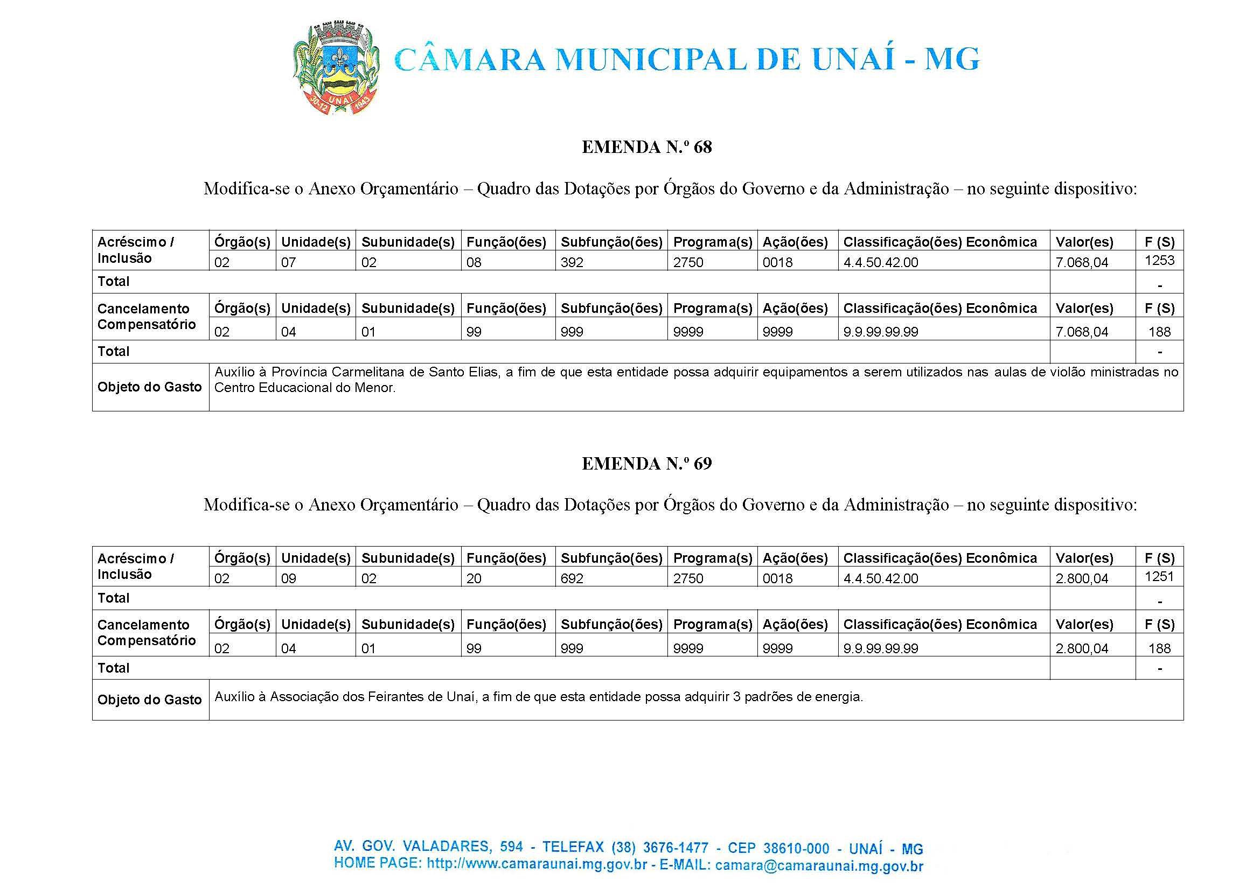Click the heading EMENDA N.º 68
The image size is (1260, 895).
tap(646, 147)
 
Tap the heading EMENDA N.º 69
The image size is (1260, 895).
tap(646, 464)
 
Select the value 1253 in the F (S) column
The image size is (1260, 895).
tap(1159, 260)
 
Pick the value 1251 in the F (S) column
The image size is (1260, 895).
tap(1159, 576)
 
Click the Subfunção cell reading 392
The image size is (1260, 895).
tap(572, 262)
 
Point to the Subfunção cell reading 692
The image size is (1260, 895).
tap(572, 579)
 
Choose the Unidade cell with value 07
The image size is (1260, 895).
tap(288, 262)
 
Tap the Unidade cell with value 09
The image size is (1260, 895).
tap(288, 579)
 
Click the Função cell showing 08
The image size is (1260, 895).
tap(474, 262)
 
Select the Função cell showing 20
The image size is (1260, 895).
tap(474, 579)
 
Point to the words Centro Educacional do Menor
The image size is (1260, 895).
tap(304, 387)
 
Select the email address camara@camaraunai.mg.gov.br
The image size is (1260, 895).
tap(819, 866)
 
